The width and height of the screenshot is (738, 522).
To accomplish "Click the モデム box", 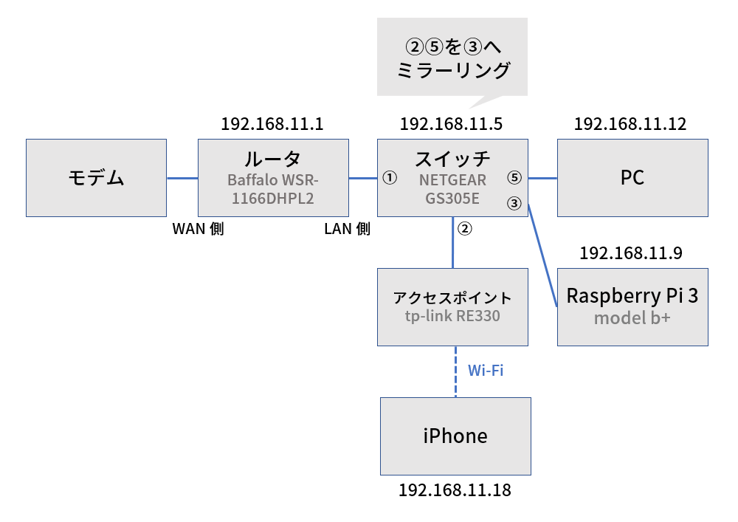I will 97,178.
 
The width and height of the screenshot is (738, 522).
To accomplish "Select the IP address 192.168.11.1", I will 272,123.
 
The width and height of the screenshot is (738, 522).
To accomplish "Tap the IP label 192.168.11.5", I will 451,123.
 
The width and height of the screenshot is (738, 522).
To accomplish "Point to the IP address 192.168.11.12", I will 630,123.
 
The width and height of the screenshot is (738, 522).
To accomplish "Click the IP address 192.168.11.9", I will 631,253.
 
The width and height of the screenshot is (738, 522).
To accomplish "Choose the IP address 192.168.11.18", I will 455,490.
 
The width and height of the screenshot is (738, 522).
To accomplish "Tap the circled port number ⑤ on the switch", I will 515,178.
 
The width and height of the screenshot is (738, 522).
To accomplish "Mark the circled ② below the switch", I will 464,228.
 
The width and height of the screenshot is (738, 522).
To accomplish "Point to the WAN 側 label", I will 198,229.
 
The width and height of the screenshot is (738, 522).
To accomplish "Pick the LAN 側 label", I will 347,229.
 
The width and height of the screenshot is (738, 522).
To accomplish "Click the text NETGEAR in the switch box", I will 452,180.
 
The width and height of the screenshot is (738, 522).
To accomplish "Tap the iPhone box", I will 455,436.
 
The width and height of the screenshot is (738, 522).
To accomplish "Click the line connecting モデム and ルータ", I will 182,178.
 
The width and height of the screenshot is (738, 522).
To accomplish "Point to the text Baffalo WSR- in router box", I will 273,180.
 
